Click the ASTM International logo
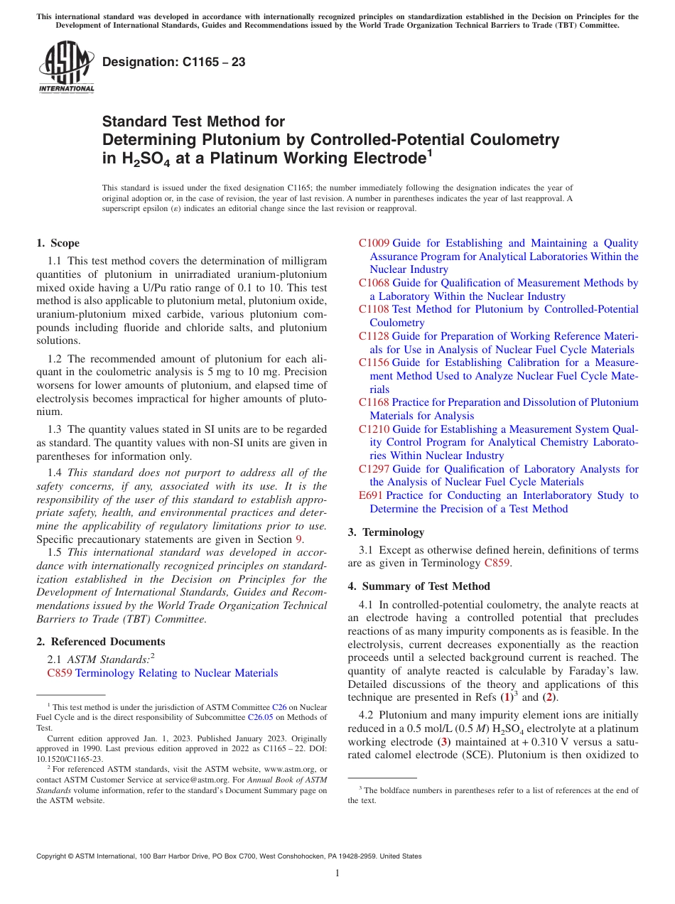[65, 68]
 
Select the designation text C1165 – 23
[174, 62]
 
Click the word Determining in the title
[147, 139]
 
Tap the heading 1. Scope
[58, 243]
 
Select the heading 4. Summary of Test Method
[418, 586]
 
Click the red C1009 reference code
[374, 243]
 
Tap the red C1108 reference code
[374, 309]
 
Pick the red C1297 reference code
[374, 469]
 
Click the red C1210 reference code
[374, 429]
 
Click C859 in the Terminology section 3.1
[497, 563]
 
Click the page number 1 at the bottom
[337, 873]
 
